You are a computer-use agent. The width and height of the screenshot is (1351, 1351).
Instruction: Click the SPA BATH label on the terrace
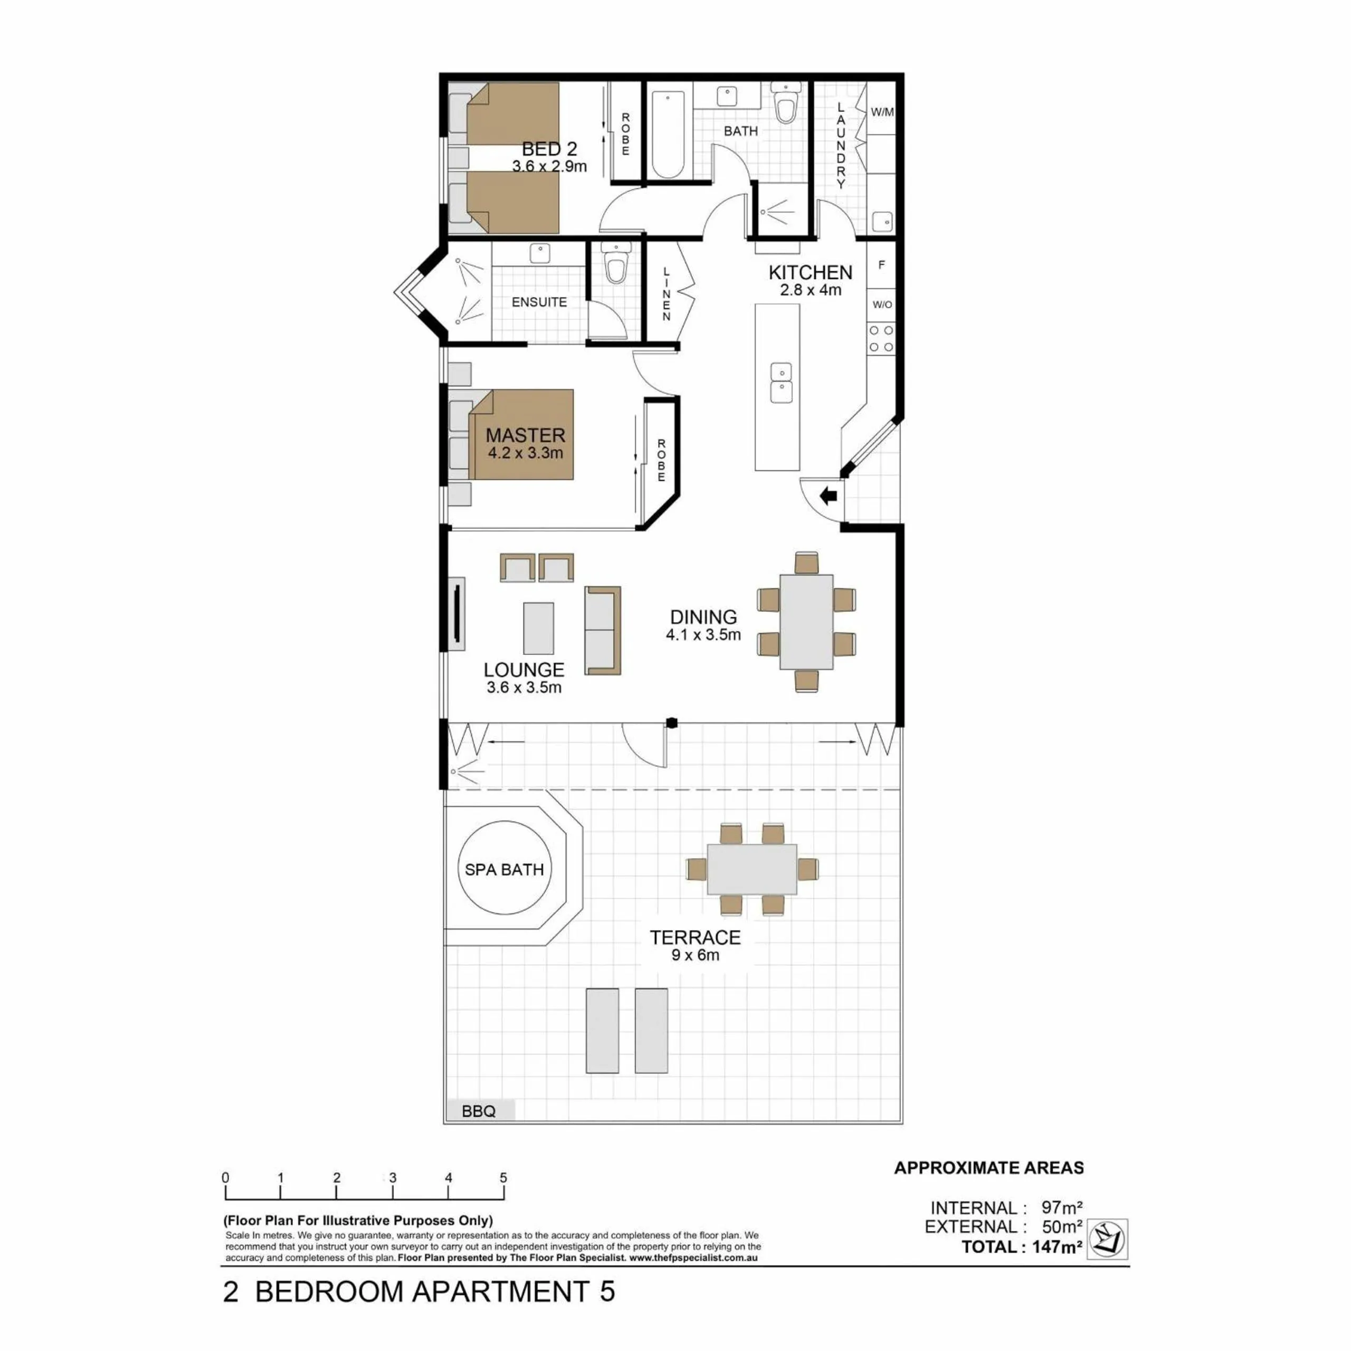click(x=504, y=870)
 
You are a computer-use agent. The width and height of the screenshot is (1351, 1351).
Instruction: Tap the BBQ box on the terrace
click(x=480, y=1110)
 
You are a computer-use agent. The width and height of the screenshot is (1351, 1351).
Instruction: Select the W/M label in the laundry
click(x=882, y=112)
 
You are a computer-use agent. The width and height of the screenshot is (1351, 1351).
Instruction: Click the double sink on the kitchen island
click(x=781, y=383)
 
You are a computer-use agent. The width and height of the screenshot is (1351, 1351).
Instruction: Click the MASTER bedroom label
click(x=525, y=435)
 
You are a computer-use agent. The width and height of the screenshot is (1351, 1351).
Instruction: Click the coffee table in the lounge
click(x=538, y=628)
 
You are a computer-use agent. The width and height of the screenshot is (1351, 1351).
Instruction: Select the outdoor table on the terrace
click(x=751, y=869)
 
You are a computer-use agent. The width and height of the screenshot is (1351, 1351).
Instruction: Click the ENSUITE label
click(x=539, y=302)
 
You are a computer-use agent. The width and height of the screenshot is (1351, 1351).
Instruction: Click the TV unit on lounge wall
click(x=456, y=615)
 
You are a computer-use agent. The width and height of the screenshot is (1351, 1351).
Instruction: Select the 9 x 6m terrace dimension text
click(x=695, y=955)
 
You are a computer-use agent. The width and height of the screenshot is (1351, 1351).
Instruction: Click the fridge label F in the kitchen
click(x=882, y=265)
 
